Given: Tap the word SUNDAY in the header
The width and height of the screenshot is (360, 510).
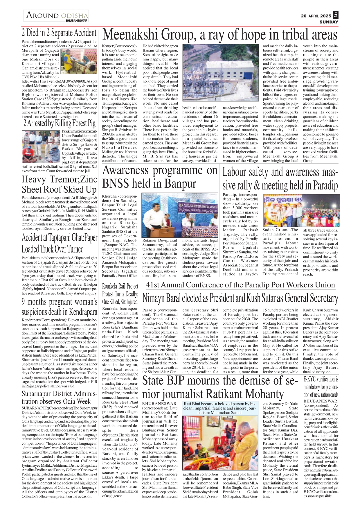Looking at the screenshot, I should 329,22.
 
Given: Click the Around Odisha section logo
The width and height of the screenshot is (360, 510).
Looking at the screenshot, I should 56,16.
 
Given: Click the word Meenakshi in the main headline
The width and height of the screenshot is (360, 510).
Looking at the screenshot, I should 131,35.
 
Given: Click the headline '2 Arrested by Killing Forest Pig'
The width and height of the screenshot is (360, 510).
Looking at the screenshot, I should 59,123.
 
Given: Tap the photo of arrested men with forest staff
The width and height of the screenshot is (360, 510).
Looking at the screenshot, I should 41,147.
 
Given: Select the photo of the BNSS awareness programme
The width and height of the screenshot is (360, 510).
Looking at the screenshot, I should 180,215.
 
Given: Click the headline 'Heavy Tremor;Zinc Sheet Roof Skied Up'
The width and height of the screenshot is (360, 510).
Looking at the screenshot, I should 59,184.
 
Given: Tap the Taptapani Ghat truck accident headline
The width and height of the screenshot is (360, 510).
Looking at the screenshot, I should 59,243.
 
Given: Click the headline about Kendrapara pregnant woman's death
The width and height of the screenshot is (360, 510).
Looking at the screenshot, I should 59,307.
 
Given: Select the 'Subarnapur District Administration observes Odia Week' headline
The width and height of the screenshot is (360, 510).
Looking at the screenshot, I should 59,397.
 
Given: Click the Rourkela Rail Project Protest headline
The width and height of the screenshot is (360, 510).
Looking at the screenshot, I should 120,294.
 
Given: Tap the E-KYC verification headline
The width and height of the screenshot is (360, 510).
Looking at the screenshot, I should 321,387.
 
